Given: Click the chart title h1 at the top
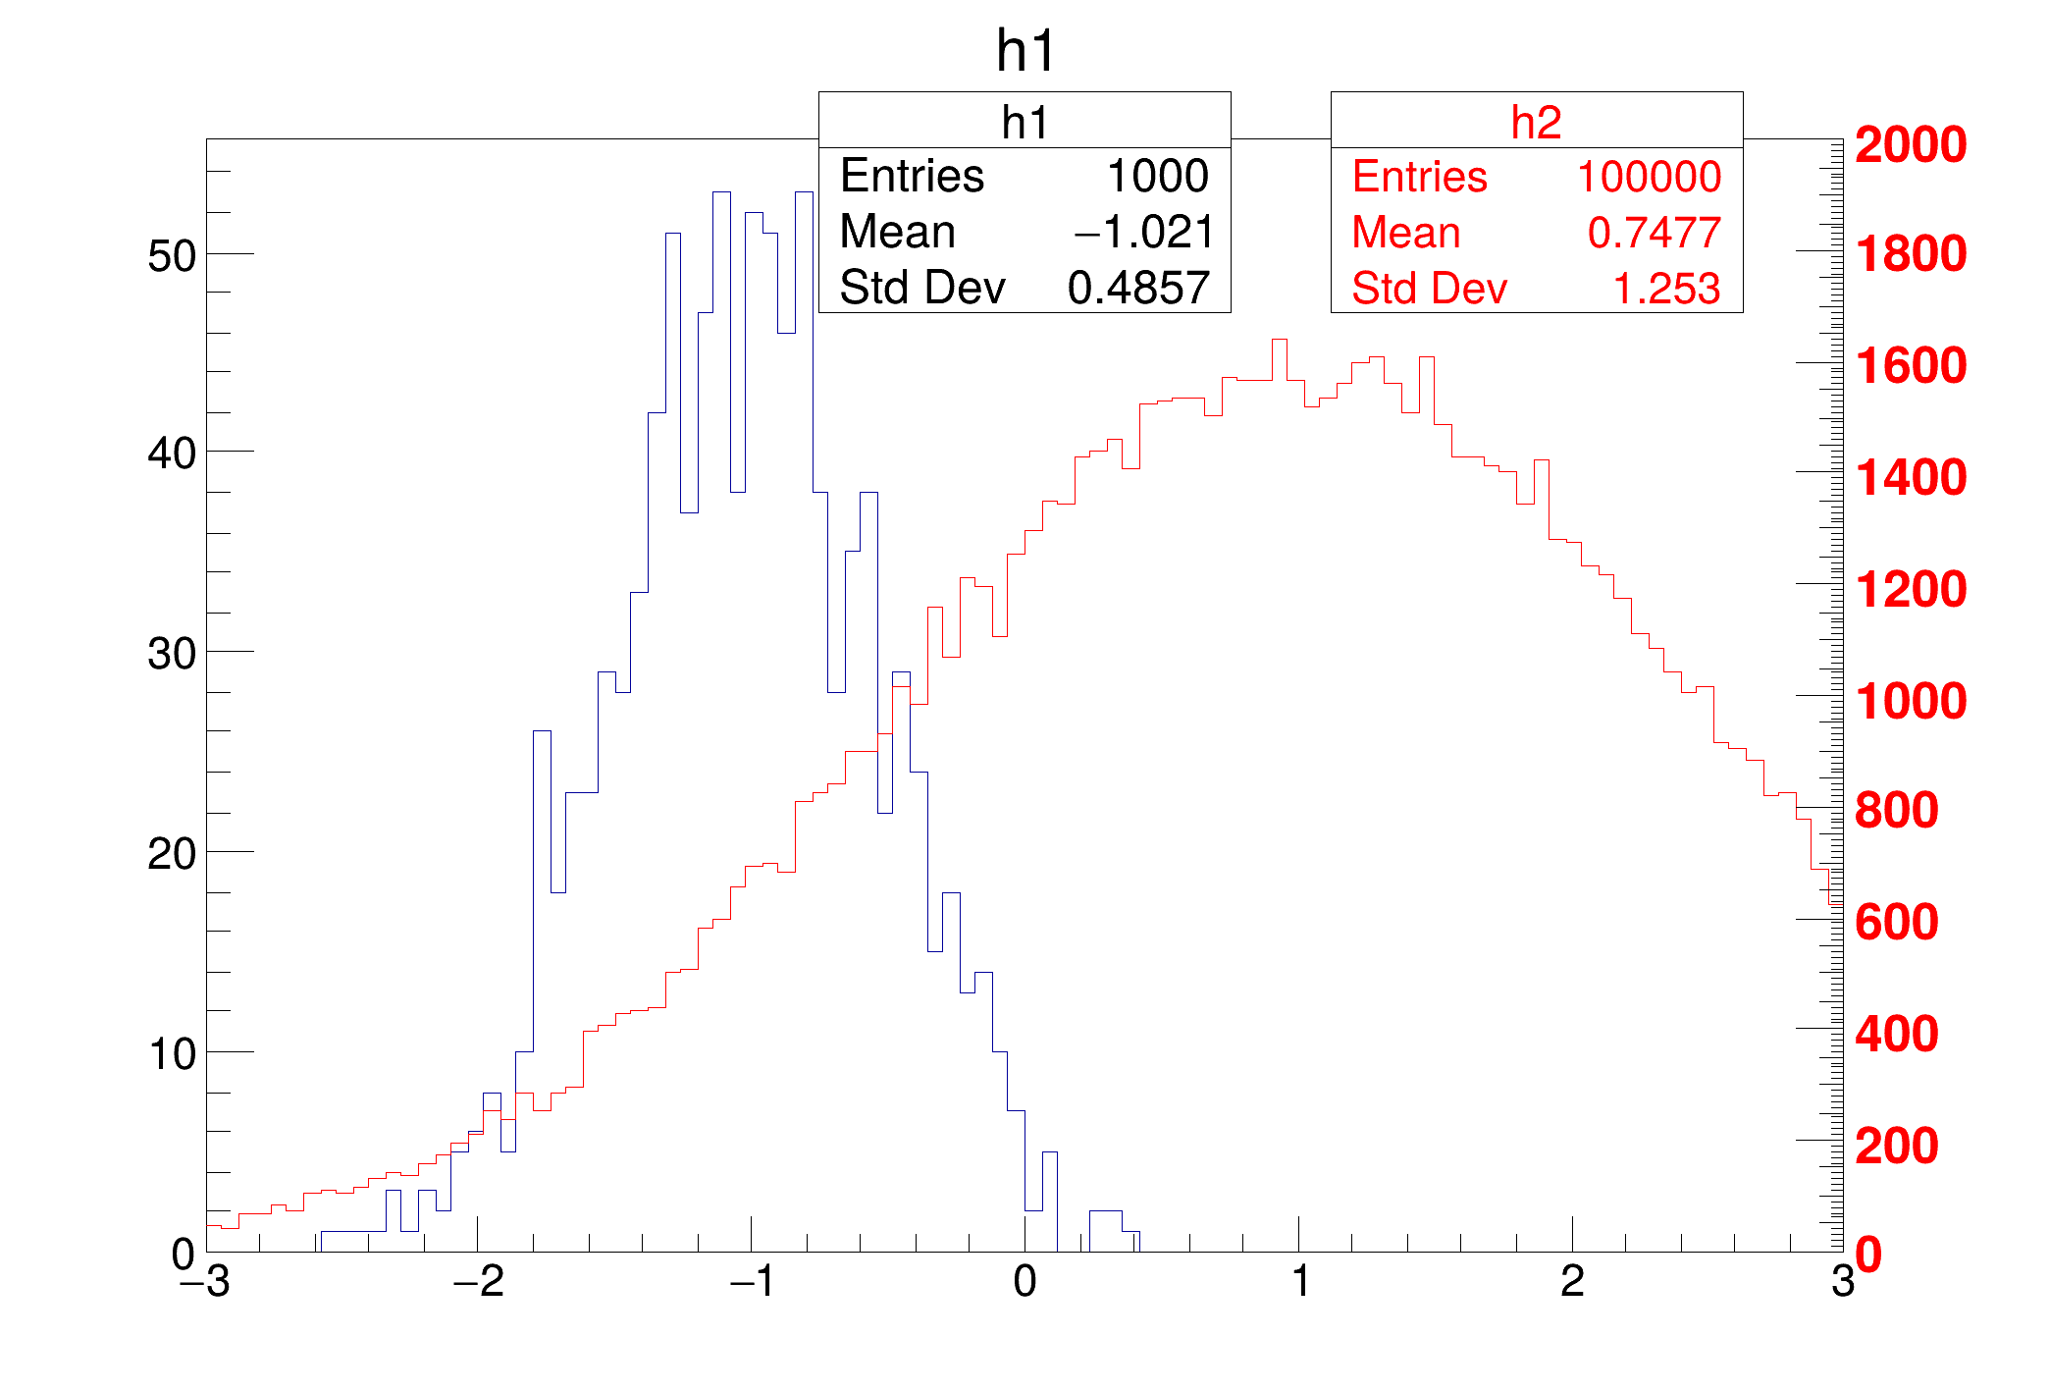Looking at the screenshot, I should click(x=1024, y=51).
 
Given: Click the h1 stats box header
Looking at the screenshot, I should click(x=1024, y=123).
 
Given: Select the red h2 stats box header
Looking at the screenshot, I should click(x=1536, y=123).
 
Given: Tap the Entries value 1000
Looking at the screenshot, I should click(x=1157, y=177).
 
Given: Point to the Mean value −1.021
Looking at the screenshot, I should click(x=1143, y=233).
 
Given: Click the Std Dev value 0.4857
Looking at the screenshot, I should click(x=1138, y=289).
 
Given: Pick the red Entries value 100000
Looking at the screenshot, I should click(x=1648, y=178).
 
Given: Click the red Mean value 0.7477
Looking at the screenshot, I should click(x=1654, y=234).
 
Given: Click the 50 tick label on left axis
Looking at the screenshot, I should click(x=172, y=257).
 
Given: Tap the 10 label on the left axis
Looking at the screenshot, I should click(x=172, y=1055).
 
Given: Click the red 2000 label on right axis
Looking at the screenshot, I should click(x=1910, y=145).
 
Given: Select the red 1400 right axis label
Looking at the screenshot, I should click(x=1910, y=478).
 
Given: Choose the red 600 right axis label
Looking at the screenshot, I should click(x=1896, y=923).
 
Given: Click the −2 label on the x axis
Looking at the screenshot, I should click(x=478, y=1282).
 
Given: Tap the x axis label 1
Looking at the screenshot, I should click(x=1300, y=1282).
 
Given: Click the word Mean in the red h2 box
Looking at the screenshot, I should click(x=1405, y=234).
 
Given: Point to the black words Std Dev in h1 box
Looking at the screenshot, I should click(x=922, y=289).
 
